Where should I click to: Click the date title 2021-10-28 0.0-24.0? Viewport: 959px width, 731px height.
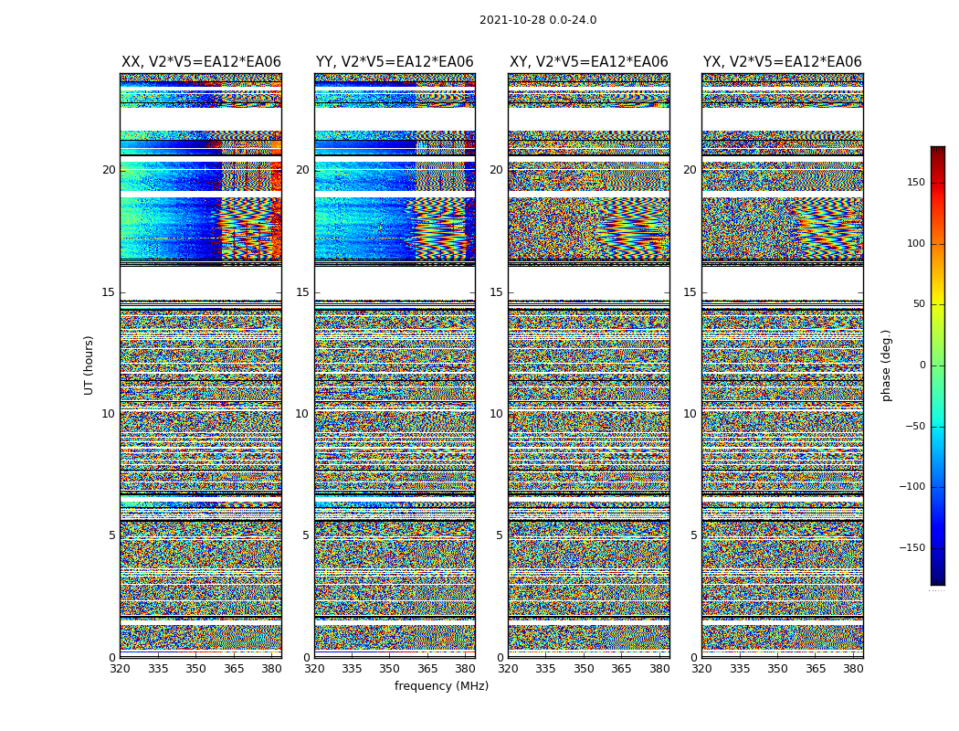538,20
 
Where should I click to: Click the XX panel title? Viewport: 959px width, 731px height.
201,62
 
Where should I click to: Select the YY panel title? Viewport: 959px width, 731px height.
395,62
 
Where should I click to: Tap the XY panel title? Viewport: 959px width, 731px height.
589,62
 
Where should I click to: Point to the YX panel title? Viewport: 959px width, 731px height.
782,62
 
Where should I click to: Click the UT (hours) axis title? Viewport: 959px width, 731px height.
90,365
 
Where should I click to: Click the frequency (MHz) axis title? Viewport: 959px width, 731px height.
441,686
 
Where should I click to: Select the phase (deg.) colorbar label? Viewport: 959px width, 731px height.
887,365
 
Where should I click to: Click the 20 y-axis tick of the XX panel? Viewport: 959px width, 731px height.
109,170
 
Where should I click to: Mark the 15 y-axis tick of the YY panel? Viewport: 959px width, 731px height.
302,292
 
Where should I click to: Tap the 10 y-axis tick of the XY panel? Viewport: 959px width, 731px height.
496,414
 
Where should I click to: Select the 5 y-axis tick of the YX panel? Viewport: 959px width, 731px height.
693,535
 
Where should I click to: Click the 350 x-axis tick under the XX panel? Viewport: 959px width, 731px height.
195,669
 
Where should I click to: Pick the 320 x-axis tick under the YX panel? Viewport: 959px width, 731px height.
701,669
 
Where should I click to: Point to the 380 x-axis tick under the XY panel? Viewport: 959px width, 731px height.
659,669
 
